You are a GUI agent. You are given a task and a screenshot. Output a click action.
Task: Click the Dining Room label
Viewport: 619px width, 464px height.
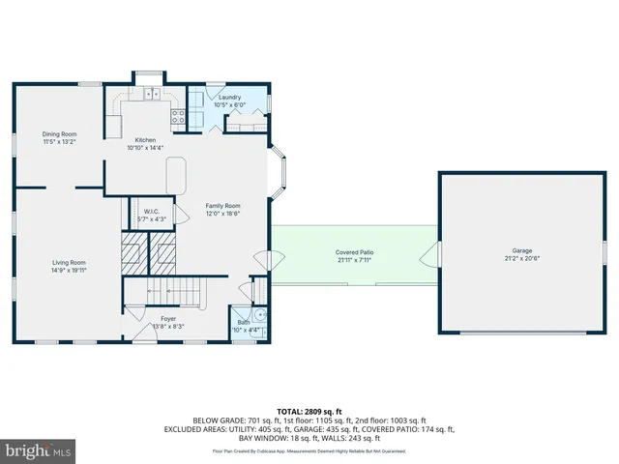point(59,134)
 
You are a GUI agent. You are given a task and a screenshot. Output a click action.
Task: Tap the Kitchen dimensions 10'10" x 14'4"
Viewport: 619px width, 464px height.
point(146,148)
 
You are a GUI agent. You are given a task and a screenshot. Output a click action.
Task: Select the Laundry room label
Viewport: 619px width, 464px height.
point(229,97)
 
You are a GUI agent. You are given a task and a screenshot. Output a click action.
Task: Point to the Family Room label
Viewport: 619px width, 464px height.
point(222,206)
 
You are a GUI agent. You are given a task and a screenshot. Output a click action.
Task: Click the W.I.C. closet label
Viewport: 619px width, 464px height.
point(152,212)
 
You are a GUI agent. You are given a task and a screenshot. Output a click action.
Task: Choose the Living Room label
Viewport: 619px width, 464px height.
point(70,262)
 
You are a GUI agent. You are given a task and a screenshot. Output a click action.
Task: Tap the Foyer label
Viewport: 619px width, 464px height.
point(168,318)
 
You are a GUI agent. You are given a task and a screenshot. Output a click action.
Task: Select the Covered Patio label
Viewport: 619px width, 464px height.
point(355,252)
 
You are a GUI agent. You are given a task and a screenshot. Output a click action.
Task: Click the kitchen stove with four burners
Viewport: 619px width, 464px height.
point(178,115)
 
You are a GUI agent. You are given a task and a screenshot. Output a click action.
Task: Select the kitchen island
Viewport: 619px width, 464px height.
point(176,176)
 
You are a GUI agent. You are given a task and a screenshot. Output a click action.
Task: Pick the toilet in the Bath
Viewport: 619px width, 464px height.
point(260,315)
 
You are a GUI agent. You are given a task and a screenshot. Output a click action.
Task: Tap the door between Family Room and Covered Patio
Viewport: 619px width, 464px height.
point(263,262)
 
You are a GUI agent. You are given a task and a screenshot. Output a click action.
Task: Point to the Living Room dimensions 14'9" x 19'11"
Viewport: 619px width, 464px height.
point(70,271)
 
